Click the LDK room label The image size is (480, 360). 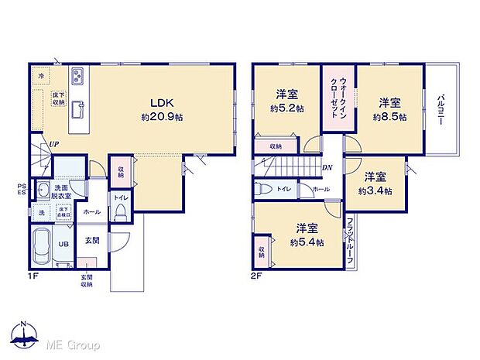tap(162, 103)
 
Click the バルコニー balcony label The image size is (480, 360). tap(440, 109)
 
